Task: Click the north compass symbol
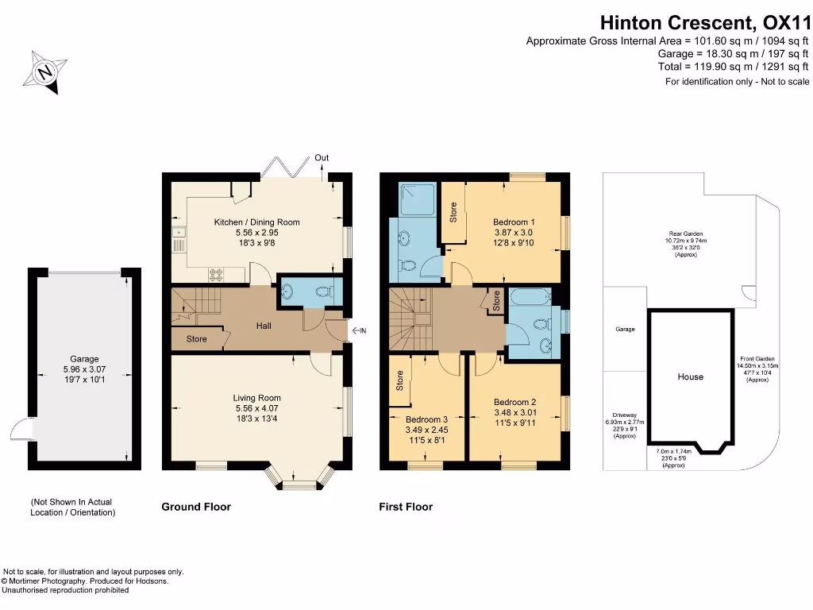(x=45, y=72)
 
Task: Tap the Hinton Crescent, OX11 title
(x=705, y=23)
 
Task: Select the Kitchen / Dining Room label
(x=256, y=222)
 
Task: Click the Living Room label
(x=256, y=398)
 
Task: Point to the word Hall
(x=264, y=326)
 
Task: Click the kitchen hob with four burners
(x=216, y=275)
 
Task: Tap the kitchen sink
(x=179, y=239)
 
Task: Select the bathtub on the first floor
(x=530, y=297)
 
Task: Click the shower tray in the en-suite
(x=418, y=199)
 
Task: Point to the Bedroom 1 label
(x=514, y=222)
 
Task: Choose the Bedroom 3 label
(x=426, y=419)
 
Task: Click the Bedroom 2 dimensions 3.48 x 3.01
(x=514, y=412)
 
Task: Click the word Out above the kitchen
(x=322, y=158)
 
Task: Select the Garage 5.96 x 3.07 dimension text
(x=84, y=369)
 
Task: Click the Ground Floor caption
(x=196, y=507)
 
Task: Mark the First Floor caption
(x=406, y=507)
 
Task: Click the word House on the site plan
(x=690, y=376)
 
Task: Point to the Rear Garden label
(x=685, y=234)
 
